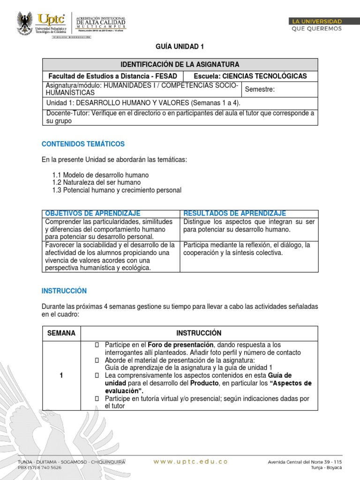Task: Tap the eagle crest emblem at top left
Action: [25, 24]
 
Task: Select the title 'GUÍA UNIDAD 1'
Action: [180, 47]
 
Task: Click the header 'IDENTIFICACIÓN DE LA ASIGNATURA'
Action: [180, 64]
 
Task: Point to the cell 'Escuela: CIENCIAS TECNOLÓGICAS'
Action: [250, 76]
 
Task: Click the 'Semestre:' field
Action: [260, 89]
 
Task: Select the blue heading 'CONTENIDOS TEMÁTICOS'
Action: [83, 144]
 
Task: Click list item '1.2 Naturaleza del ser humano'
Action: [97, 182]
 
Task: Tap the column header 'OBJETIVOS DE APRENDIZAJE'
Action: [92, 214]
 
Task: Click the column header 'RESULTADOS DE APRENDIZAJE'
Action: [234, 214]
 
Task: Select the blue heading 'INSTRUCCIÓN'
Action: [64, 291]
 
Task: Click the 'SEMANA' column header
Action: [61, 333]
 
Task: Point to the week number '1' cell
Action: [61, 375]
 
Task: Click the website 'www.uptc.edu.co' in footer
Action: [190, 462]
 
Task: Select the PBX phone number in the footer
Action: [40, 468]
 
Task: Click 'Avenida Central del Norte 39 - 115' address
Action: [305, 462]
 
